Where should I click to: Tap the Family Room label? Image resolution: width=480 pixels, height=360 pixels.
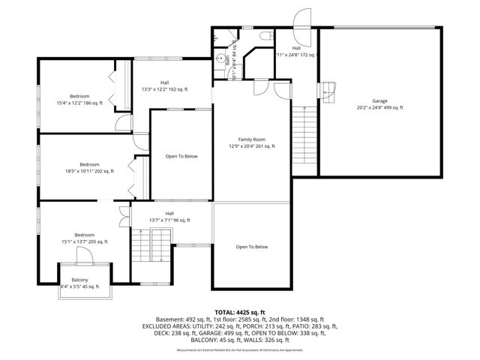click(251, 139)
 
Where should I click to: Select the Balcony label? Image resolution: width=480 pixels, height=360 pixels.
click(79, 280)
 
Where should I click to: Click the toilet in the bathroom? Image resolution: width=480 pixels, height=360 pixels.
click(266, 35)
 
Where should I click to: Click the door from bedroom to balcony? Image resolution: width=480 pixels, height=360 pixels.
click(83, 255)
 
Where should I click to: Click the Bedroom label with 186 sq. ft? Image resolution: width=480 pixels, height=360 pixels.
click(79, 96)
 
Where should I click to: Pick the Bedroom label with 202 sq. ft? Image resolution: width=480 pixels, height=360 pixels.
click(89, 164)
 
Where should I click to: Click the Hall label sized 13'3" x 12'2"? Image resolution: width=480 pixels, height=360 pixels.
click(164, 82)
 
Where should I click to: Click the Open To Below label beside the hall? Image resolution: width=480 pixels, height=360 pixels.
click(181, 156)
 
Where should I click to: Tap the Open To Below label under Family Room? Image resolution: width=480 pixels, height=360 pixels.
click(251, 247)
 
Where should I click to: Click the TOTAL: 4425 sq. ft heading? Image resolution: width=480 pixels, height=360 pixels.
click(240, 312)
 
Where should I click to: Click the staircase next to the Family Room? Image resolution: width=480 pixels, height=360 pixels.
click(301, 139)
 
